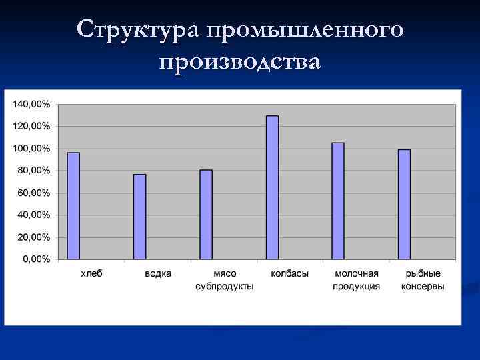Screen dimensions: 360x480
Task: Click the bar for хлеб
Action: point(73,206)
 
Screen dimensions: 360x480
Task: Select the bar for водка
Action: point(139,217)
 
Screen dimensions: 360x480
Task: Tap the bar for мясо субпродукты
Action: point(206,215)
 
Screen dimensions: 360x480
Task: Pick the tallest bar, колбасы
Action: point(272,187)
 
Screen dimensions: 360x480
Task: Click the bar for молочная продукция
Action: point(338,201)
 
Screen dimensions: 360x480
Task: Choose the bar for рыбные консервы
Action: point(404,204)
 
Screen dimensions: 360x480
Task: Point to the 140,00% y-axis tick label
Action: point(31,104)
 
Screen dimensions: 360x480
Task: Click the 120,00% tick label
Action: point(31,126)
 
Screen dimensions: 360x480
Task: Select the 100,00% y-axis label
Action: point(31,148)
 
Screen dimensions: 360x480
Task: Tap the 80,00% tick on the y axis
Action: point(33,171)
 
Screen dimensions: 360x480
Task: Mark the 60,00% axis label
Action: point(33,193)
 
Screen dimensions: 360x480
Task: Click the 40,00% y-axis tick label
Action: point(33,215)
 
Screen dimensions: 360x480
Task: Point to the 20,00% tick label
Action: point(33,237)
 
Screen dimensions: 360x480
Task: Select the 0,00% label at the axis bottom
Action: point(36,259)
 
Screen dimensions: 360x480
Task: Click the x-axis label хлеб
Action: point(91,273)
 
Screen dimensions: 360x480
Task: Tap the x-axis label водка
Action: point(157,273)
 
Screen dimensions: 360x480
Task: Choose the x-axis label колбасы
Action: point(290,273)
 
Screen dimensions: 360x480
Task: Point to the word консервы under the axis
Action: point(423,287)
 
